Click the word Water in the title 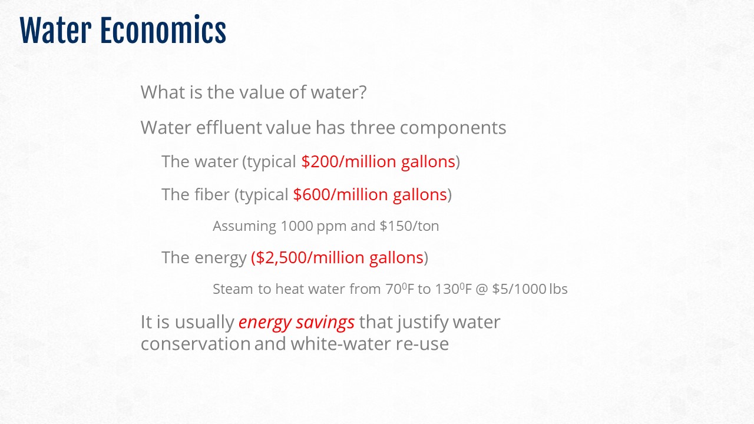(x=55, y=30)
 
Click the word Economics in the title (x=163, y=30)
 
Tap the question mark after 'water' (x=362, y=92)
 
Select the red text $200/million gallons (x=378, y=161)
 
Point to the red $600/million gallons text (x=370, y=194)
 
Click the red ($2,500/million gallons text (x=337, y=258)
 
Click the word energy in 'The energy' (x=220, y=259)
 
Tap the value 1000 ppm (x=313, y=226)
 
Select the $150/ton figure (x=409, y=226)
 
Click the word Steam (x=233, y=289)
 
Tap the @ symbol (x=482, y=289)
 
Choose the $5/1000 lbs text (x=530, y=289)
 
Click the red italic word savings (x=325, y=322)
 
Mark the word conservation (x=196, y=344)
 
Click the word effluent (x=229, y=127)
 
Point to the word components (x=453, y=128)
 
